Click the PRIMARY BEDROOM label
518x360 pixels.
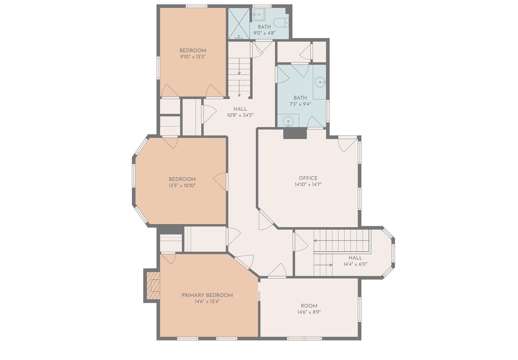point(207,295)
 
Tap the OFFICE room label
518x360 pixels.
point(308,178)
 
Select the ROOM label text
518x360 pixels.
point(309,306)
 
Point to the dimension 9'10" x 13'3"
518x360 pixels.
point(193,57)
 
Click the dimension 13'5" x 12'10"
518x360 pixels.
point(182,185)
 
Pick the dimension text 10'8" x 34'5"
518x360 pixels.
point(240,115)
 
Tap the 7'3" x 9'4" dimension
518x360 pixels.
point(300,104)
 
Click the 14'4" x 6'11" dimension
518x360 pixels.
point(355,264)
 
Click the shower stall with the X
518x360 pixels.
point(239,24)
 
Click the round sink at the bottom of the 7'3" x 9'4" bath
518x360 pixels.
point(288,121)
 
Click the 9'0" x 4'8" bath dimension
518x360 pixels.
point(264,33)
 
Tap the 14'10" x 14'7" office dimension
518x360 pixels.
point(308,184)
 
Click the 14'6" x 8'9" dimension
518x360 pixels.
point(309,312)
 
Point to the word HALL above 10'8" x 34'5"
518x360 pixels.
point(240,109)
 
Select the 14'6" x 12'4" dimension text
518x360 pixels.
point(207,301)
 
